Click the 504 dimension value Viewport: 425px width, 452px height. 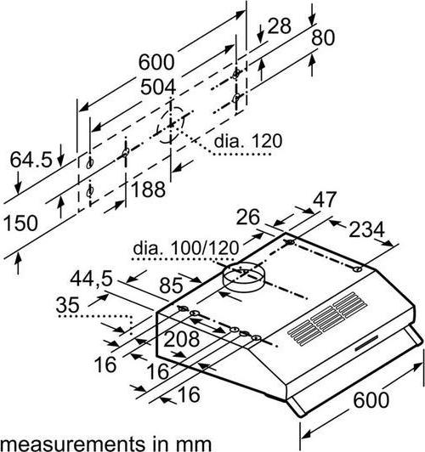point(158,88)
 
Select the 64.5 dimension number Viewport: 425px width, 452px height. point(31,160)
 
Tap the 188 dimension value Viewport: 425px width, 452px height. point(148,189)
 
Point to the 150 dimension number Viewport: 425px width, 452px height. point(20,223)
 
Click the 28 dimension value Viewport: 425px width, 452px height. point(279,25)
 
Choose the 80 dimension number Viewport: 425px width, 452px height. point(323,37)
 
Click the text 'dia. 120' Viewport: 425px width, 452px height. point(248,141)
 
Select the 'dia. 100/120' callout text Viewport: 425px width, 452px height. point(186,248)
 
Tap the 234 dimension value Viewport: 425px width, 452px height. point(366,229)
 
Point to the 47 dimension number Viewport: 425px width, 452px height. point(325,200)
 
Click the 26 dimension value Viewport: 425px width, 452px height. point(248,217)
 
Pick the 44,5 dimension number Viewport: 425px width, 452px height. point(92,279)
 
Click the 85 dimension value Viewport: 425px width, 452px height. point(171,285)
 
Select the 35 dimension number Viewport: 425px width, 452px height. point(67,305)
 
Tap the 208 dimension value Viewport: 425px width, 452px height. point(181,339)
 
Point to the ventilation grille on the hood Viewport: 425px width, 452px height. point(327,319)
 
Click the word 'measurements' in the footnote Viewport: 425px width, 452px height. point(72,444)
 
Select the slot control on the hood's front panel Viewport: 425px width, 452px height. point(366,343)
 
